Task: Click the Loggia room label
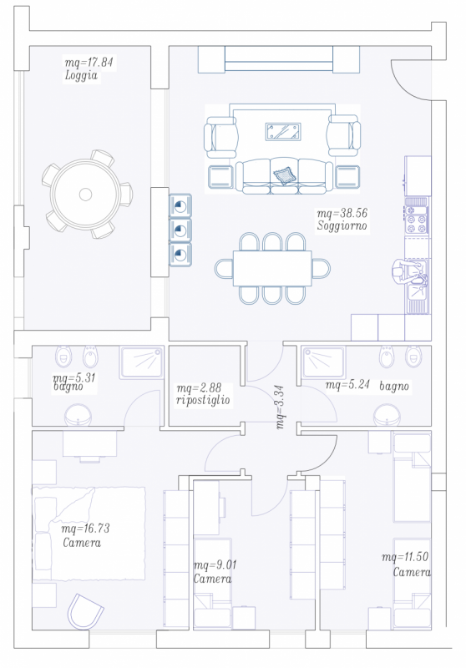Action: pyautogui.click(x=81, y=76)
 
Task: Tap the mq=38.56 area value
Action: pyautogui.click(x=342, y=213)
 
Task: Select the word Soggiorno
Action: pyautogui.click(x=342, y=225)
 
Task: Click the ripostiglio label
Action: pyautogui.click(x=203, y=400)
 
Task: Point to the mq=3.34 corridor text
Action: pyautogui.click(x=280, y=407)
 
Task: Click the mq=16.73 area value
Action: pyautogui.click(x=86, y=529)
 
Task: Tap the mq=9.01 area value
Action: pyautogui.click(x=215, y=565)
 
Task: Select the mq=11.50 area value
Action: pyautogui.click(x=405, y=556)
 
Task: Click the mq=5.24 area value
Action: pyautogui.click(x=347, y=385)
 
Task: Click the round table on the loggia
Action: pyautogui.click(x=86, y=195)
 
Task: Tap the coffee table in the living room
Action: pyautogui.click(x=283, y=132)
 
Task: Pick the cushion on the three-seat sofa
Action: pyautogui.click(x=283, y=175)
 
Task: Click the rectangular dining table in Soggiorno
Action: pyautogui.click(x=272, y=268)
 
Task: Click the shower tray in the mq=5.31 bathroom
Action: pyautogui.click(x=142, y=362)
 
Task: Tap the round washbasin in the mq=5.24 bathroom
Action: pyautogui.click(x=387, y=415)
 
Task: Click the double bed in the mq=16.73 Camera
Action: pyautogui.click(x=89, y=534)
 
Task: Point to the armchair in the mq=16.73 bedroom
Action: pyautogui.click(x=85, y=612)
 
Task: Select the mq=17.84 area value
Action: pyautogui.click(x=89, y=63)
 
